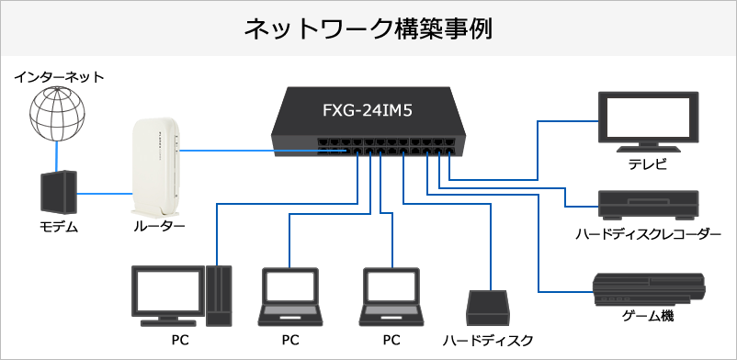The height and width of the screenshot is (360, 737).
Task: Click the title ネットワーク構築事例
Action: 368,28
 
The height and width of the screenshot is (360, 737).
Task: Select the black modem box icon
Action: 57,193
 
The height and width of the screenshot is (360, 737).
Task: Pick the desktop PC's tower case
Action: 219,296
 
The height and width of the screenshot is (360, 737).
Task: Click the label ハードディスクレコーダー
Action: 648,235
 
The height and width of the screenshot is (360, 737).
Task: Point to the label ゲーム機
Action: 648,316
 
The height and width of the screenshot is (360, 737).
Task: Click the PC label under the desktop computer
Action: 182,340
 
